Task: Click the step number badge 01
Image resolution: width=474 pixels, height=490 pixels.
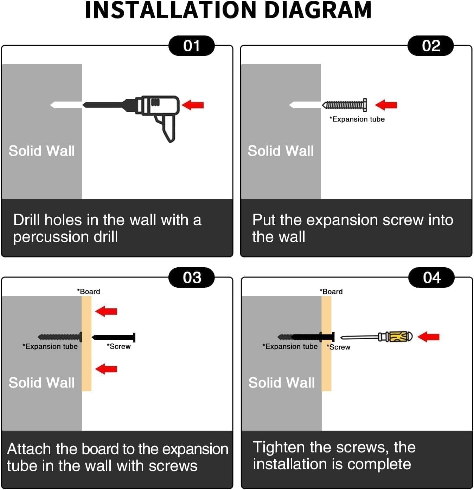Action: [x=191, y=46]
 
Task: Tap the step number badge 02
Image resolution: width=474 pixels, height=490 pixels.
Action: [x=430, y=46]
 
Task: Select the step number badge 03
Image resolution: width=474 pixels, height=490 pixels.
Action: [x=191, y=277]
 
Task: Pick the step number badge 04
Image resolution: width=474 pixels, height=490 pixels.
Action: [x=431, y=277]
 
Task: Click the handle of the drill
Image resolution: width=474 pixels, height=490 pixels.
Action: [x=167, y=129]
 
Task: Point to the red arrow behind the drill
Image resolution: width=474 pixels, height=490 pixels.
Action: [x=193, y=105]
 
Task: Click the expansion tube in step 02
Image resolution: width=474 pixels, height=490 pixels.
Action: [x=344, y=105]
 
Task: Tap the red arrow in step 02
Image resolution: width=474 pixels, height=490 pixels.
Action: [x=386, y=105]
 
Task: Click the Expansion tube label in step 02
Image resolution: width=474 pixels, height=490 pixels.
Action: [x=357, y=119]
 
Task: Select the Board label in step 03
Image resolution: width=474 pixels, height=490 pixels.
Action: [x=89, y=291]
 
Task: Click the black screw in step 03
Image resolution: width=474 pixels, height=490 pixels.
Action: [x=114, y=337]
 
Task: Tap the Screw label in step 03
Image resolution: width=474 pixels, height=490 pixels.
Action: [x=119, y=346]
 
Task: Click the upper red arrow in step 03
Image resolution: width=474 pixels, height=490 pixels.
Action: [x=106, y=311]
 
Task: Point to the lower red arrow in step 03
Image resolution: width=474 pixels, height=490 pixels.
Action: [x=106, y=369]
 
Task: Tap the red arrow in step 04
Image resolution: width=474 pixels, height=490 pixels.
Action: [x=428, y=337]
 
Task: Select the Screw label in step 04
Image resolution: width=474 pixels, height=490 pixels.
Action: [x=338, y=347]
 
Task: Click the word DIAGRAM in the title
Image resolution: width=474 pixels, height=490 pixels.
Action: [x=318, y=10]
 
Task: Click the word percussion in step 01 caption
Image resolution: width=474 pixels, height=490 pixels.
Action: [x=51, y=237]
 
